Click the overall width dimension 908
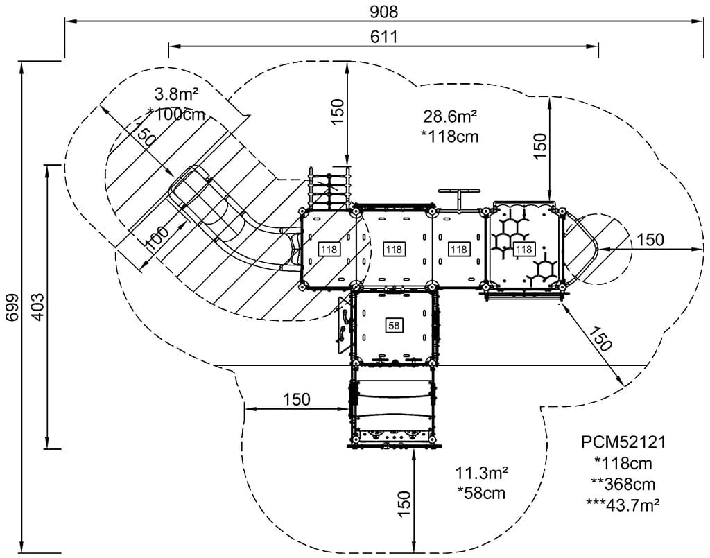tap(383, 11)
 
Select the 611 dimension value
tap(384, 37)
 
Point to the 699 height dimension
tap(12, 307)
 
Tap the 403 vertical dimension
tap(38, 307)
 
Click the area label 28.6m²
tap(450, 116)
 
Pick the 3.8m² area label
tap(177, 94)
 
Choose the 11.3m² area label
tap(481, 473)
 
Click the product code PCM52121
tap(623, 442)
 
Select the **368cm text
tap(623, 484)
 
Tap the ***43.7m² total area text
tap(623, 504)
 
